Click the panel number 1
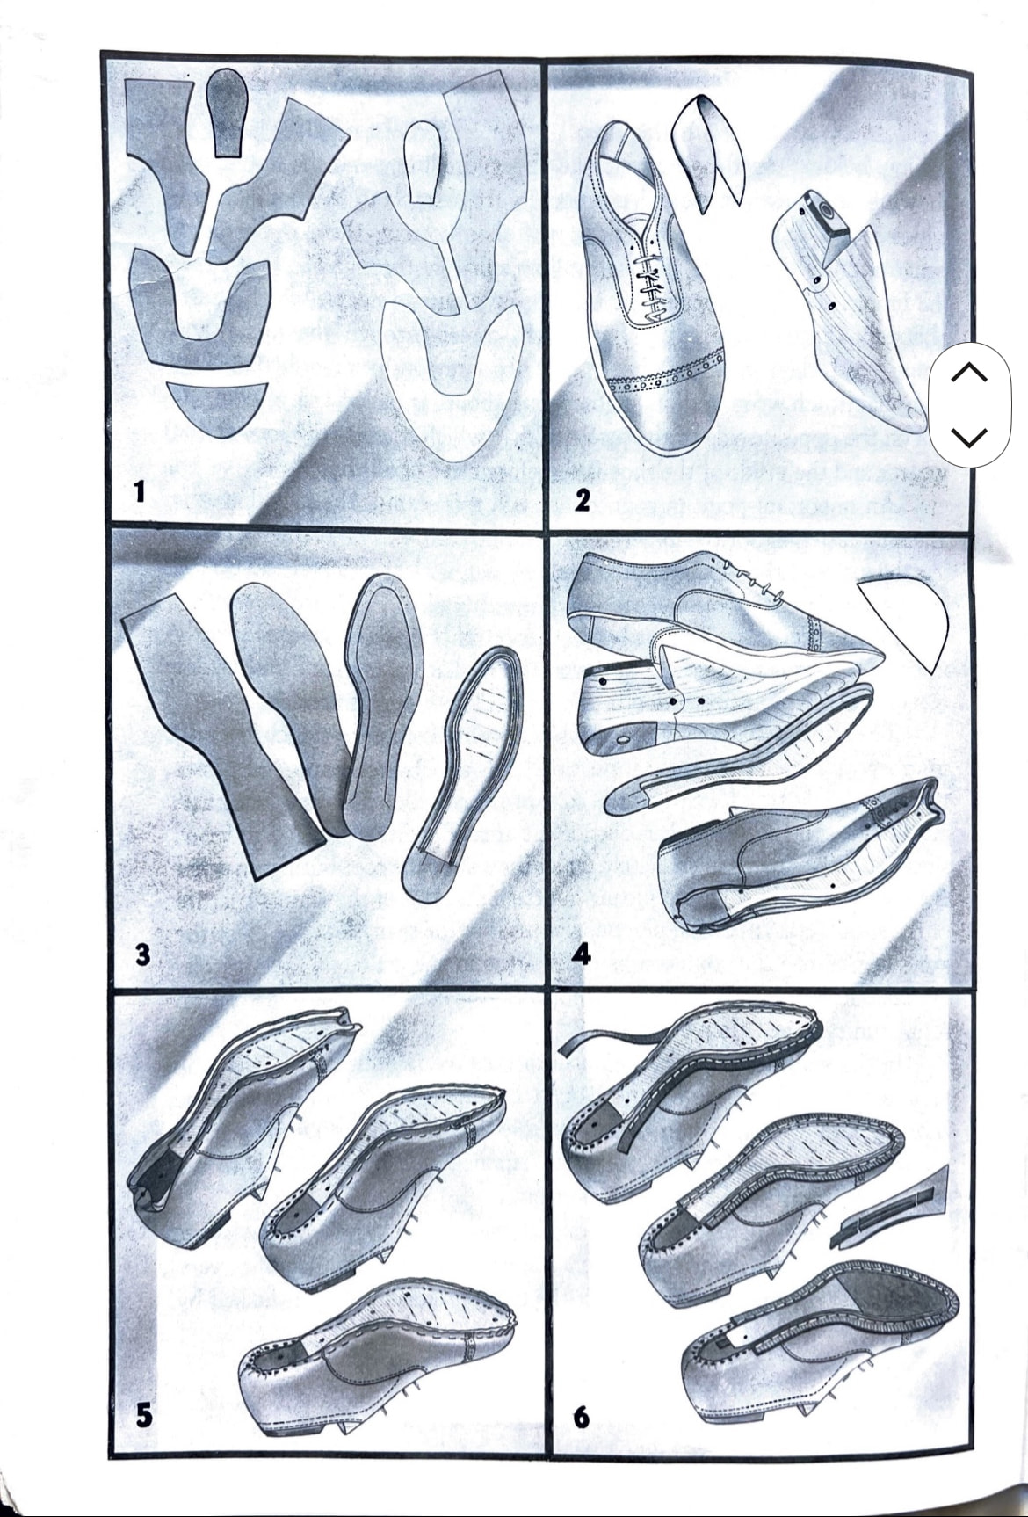(138, 490)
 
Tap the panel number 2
(582, 500)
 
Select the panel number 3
(142, 954)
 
